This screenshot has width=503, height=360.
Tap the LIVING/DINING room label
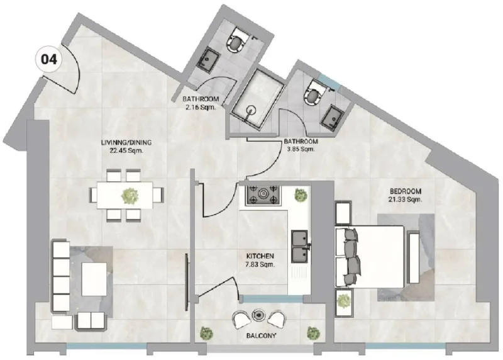(126, 143)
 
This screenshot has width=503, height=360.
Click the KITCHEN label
(259, 256)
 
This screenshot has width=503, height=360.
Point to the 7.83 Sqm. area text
(259, 264)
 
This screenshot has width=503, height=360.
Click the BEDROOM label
(406, 191)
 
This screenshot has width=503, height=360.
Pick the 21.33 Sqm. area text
(406, 200)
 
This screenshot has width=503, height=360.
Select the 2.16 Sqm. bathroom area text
(201, 108)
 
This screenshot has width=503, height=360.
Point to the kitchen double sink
(299, 246)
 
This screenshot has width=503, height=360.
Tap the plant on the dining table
(130, 195)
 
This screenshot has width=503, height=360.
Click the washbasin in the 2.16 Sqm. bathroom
(208, 60)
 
